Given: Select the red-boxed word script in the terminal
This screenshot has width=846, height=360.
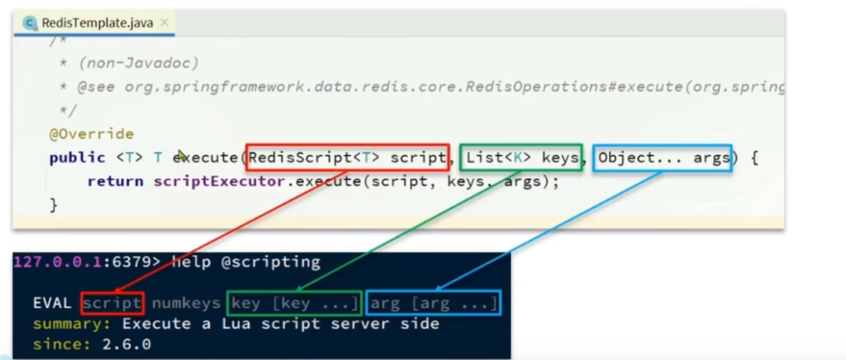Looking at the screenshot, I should pos(112,304).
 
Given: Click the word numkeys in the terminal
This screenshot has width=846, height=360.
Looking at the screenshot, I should pos(186,304).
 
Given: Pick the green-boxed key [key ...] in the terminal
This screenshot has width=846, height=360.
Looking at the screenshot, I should pos(295,304).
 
